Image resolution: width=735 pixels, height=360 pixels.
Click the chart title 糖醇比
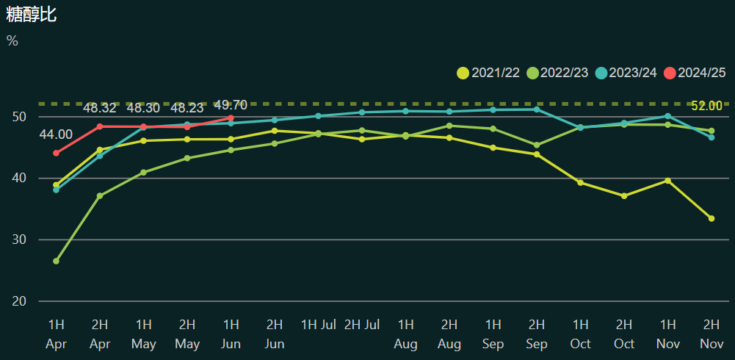[x=31, y=14]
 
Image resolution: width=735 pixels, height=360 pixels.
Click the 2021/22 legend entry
[x=488, y=73]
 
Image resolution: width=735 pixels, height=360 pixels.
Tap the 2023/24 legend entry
[x=626, y=73]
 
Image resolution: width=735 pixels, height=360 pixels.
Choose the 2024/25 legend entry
[x=695, y=73]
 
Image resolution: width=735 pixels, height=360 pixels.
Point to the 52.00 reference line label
[x=706, y=106]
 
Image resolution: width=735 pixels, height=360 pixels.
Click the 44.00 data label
[x=56, y=134]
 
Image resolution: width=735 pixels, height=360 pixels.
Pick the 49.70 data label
[x=231, y=105]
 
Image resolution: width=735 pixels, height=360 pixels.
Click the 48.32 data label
[x=100, y=108]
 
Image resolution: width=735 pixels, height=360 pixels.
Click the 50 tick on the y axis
[x=19, y=117]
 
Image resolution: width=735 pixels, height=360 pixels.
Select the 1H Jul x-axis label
[x=319, y=324]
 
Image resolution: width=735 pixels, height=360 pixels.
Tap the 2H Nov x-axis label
[x=712, y=334]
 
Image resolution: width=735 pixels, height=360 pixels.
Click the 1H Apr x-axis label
[x=56, y=334]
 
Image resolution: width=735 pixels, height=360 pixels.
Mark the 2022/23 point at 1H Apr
[x=56, y=261]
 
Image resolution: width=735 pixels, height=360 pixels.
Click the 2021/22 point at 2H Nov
[x=712, y=218]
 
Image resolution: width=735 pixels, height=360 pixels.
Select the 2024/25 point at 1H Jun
[x=231, y=118]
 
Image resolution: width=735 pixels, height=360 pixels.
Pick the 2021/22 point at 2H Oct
[x=624, y=196]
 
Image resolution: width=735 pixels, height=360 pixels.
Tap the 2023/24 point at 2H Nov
[x=712, y=137]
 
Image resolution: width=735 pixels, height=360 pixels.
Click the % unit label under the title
[x=12, y=41]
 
